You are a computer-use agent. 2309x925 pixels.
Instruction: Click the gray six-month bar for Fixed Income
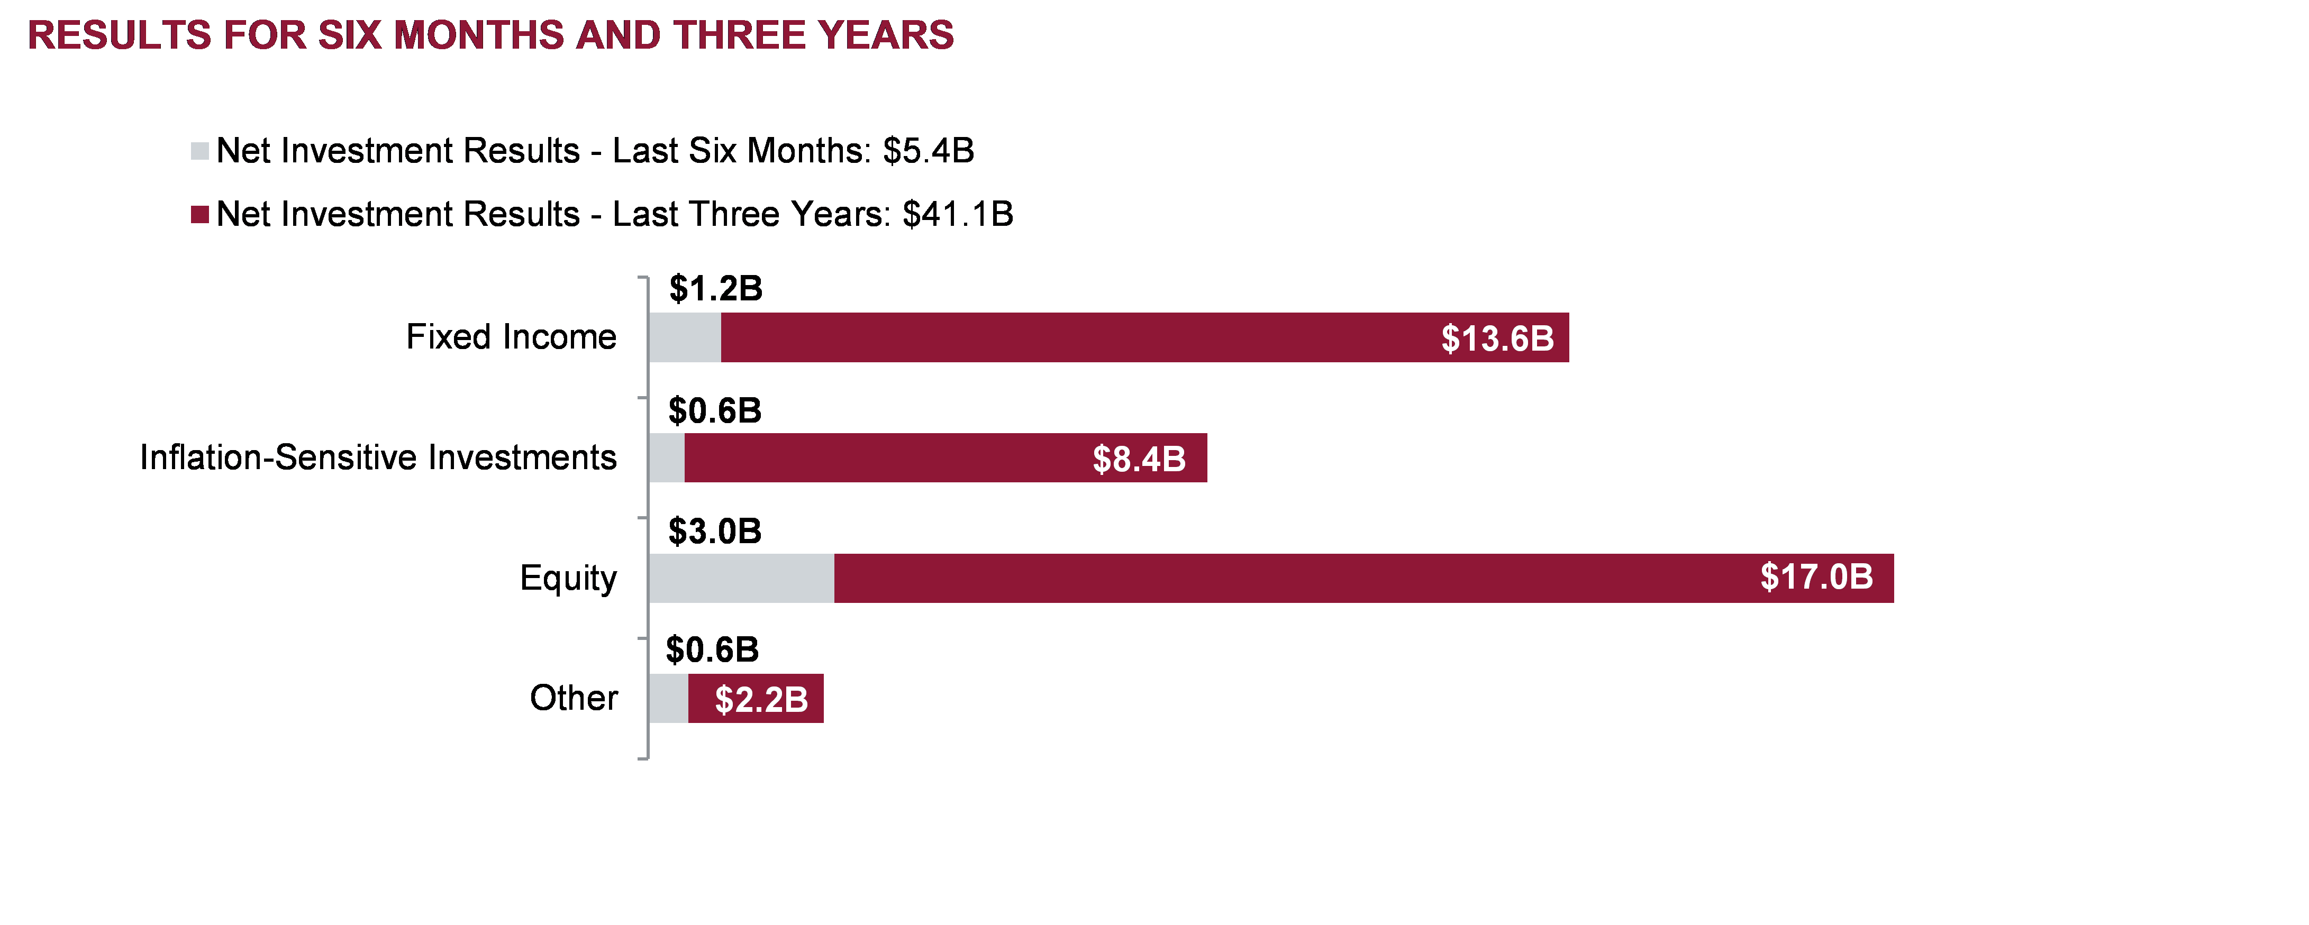point(685,337)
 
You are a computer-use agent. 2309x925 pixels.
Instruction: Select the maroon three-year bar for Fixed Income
point(1076,337)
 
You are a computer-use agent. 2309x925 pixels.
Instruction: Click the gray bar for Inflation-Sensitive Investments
point(667,458)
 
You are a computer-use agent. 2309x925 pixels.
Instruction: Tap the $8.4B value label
point(1139,459)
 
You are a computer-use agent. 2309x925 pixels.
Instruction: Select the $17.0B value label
point(1816,577)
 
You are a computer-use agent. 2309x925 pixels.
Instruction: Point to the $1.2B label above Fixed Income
point(715,289)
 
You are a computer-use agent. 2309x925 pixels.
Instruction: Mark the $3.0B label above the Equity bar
point(714,532)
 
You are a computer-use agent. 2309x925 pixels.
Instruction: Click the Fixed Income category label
point(511,337)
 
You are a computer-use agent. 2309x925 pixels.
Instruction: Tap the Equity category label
point(568,578)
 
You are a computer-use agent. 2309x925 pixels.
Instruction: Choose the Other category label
point(574,698)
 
